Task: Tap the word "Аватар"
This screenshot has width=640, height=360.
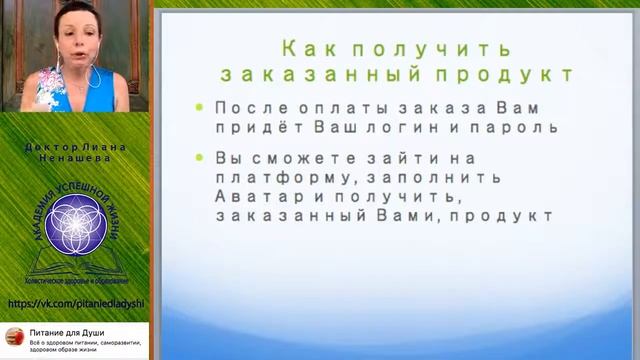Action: tap(249, 196)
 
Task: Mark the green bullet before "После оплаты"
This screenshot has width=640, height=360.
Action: tap(200, 107)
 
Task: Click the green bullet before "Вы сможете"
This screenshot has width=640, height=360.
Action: tap(200, 157)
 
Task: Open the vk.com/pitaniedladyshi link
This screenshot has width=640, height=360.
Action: tap(75, 303)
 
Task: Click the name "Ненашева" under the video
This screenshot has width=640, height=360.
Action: tap(74, 158)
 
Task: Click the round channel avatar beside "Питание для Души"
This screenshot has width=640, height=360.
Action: tap(14, 337)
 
